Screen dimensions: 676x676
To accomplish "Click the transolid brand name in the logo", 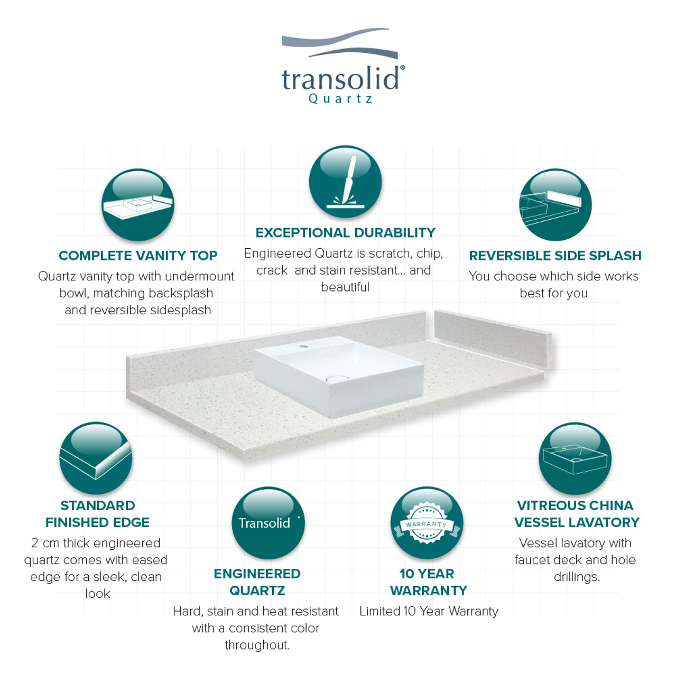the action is pyautogui.click(x=340, y=78).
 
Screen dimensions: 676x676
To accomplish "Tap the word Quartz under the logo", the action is pyautogui.click(x=340, y=99).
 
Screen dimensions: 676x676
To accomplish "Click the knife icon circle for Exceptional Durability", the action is pyautogui.click(x=345, y=182).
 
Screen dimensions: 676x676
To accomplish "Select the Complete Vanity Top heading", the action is pyautogui.click(x=138, y=256).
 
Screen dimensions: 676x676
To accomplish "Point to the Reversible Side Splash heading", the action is pyautogui.click(x=555, y=256).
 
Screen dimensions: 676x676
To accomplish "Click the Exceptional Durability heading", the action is pyautogui.click(x=345, y=232).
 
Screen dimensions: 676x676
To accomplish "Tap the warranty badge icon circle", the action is pyautogui.click(x=427, y=523).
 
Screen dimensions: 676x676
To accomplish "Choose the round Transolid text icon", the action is pyautogui.click(x=268, y=523).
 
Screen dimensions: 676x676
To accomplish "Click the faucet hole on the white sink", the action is pyautogui.click(x=304, y=346).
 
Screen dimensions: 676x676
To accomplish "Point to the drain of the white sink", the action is pyautogui.click(x=337, y=378).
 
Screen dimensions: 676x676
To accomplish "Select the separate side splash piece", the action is pyautogui.click(x=493, y=339).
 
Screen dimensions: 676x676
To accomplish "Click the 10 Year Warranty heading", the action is pyautogui.click(x=429, y=582).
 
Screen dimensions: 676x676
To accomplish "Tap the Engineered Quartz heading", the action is pyautogui.click(x=257, y=582).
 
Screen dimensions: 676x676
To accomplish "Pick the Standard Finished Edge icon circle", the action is pyautogui.click(x=96, y=458).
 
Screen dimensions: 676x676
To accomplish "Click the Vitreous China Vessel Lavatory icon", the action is pyautogui.click(x=575, y=458).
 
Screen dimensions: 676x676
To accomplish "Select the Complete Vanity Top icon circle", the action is pyautogui.click(x=137, y=205).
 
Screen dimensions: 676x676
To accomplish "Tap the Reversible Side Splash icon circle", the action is pyautogui.click(x=555, y=205).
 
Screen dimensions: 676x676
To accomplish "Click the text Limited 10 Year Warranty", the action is pyautogui.click(x=429, y=611).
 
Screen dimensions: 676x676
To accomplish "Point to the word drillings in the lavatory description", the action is pyautogui.click(x=577, y=577).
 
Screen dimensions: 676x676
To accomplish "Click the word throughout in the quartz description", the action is pyautogui.click(x=257, y=645).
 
